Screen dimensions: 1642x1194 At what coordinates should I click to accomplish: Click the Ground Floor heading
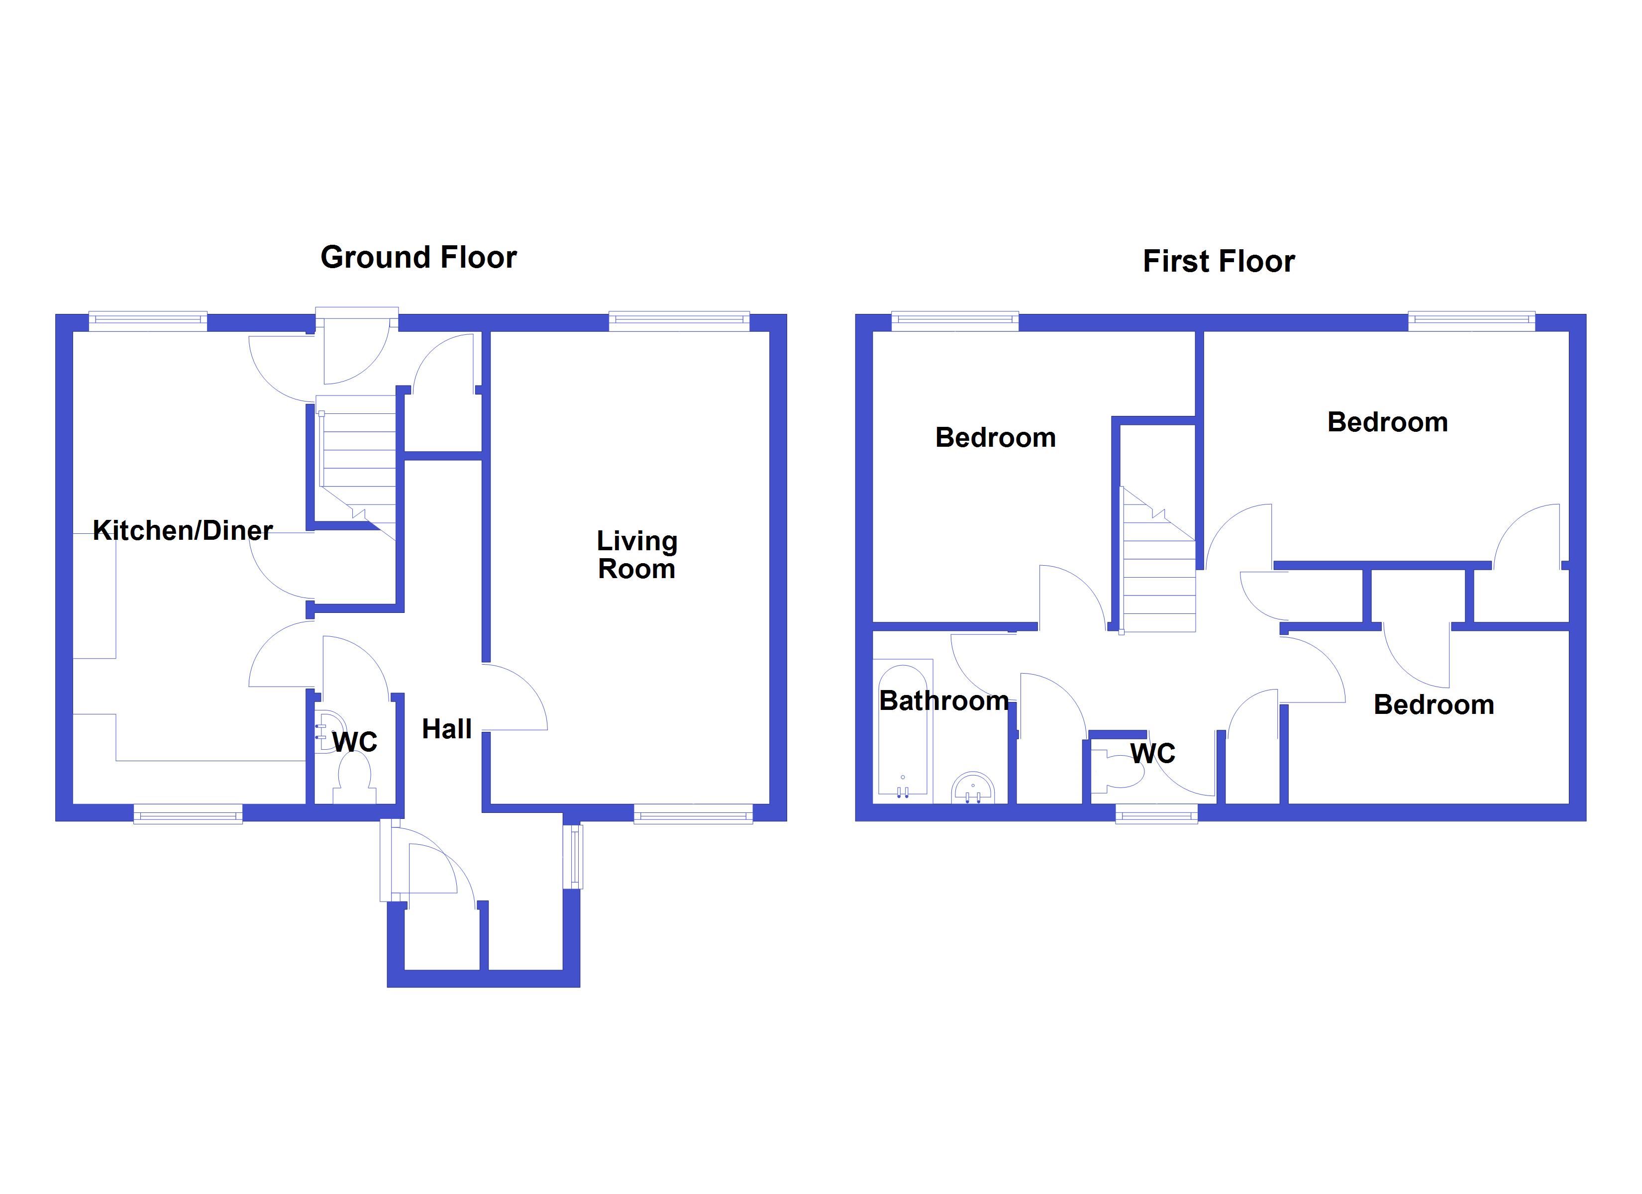point(418,258)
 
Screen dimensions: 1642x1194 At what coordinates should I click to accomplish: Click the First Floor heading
point(1219,261)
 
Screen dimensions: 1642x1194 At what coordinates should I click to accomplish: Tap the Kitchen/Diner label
point(183,531)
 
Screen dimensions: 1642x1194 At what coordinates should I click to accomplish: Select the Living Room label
point(636,555)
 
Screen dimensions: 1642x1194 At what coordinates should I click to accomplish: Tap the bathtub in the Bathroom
point(902,731)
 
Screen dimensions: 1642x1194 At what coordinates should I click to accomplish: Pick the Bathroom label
point(943,701)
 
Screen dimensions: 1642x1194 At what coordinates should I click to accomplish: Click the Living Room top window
point(679,321)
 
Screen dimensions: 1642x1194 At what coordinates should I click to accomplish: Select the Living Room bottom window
point(694,814)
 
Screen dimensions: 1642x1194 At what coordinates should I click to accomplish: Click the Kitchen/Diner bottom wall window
point(188,814)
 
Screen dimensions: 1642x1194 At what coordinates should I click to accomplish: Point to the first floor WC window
point(1156,814)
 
